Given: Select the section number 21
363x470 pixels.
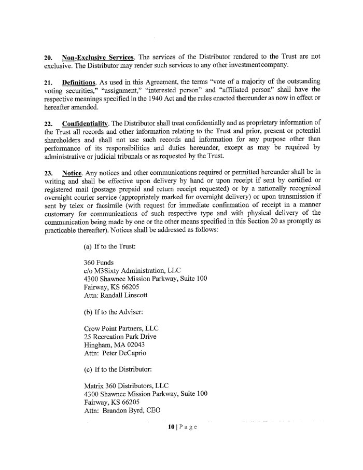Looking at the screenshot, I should [x=48, y=82].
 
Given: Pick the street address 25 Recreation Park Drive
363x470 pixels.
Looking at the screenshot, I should [x=120, y=337].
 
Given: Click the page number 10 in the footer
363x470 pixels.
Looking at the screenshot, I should [x=171, y=427].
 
